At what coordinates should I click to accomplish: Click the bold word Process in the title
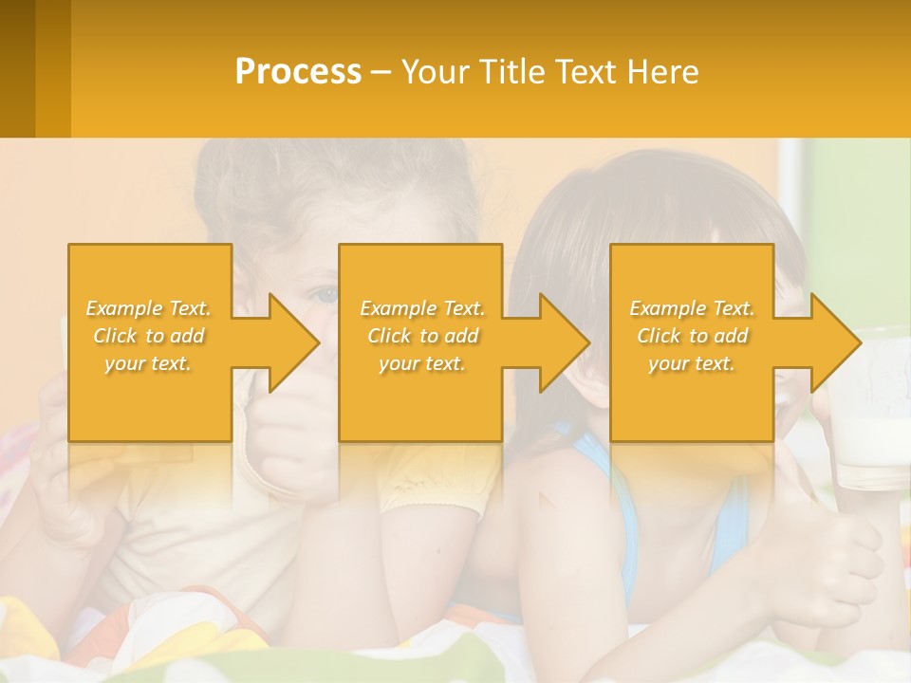298,72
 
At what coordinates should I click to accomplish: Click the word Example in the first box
124,308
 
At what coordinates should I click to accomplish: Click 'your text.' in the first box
148,363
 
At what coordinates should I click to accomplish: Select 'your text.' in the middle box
422,363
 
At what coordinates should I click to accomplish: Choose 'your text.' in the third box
692,363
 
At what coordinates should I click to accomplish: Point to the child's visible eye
325,296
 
